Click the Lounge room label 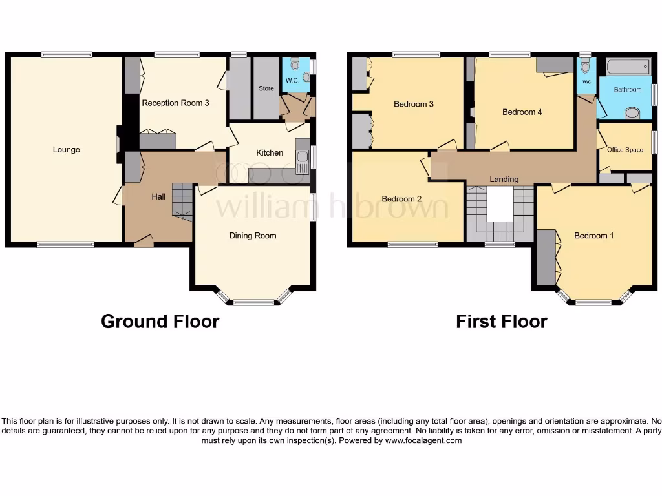click(67, 150)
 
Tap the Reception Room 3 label click(175, 103)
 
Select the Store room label click(266, 88)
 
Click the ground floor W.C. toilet click(295, 64)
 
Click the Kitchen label click(270, 153)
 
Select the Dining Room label click(253, 236)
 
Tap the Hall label click(158, 196)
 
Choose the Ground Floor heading click(160, 321)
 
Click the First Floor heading click(501, 321)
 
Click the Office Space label click(625, 150)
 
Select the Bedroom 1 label click(594, 236)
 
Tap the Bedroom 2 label click(401, 199)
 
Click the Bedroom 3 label click(414, 104)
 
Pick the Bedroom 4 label click(522, 112)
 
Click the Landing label click(504, 179)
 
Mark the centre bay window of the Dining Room click(253, 302)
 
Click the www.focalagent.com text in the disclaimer click(423, 440)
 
